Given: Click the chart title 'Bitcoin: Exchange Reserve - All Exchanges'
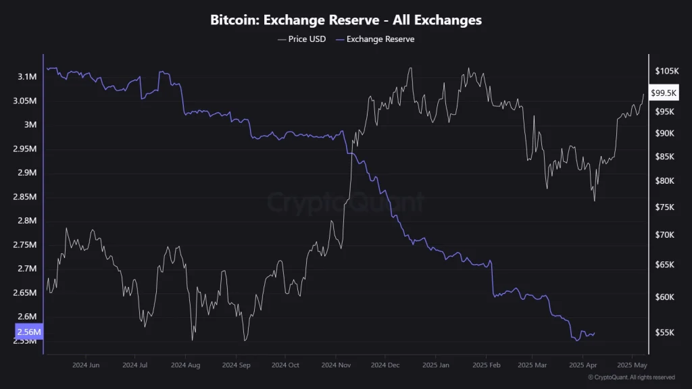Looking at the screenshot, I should point(346,20).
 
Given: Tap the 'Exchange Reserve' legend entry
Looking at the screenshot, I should point(380,39).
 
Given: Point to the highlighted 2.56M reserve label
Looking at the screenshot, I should point(28,332).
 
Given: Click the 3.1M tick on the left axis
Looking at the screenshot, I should point(28,77).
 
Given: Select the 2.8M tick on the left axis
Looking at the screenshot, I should point(28,221).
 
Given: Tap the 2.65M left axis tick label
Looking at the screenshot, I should point(26,292).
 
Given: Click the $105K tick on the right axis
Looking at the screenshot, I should point(666,71).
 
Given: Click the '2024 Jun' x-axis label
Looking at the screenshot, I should point(86,365).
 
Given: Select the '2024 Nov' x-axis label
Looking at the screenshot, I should point(335,365).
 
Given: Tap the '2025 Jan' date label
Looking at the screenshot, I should point(435,365).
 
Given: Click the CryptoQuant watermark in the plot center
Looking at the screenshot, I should point(346,201).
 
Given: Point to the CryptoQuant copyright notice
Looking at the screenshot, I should point(631,378).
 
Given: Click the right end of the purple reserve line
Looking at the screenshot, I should point(594,333).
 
